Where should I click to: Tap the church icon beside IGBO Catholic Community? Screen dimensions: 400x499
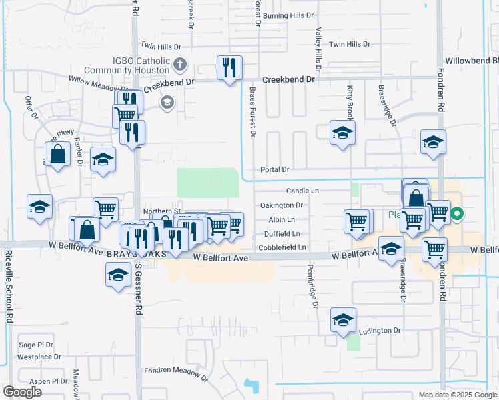[x=179, y=65]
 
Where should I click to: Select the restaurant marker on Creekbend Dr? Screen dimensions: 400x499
[x=229, y=68]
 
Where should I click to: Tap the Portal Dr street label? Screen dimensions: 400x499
[x=274, y=170]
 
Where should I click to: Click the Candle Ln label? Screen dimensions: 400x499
[x=304, y=191]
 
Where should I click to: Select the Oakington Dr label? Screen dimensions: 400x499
[x=282, y=205]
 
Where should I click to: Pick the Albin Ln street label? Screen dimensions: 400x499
[x=282, y=219]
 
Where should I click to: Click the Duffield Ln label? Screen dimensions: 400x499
[x=282, y=234]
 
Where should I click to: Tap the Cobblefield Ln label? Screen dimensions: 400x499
[x=282, y=248]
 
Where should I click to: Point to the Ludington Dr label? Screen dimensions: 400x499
[x=379, y=330]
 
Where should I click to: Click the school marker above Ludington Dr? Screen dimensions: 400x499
[x=343, y=321]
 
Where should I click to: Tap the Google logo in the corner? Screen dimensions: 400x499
[x=22, y=392]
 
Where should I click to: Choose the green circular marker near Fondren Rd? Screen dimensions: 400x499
[x=457, y=215]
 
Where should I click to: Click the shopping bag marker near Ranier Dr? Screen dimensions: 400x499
[x=58, y=154]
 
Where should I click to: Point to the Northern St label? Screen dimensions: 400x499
[x=157, y=211]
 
